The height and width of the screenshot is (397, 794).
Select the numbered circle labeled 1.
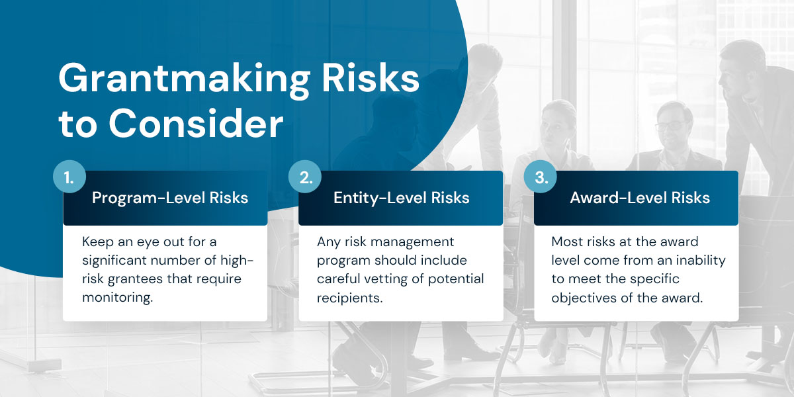point(69,177)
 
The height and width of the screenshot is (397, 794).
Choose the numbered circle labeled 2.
point(305,177)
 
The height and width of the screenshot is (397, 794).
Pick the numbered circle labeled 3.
point(541,177)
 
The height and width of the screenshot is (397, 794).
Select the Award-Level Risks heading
point(640,198)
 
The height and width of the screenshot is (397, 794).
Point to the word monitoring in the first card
point(117,298)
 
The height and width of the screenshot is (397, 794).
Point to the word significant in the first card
point(117,261)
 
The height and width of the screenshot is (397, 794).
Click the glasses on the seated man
point(670,126)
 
